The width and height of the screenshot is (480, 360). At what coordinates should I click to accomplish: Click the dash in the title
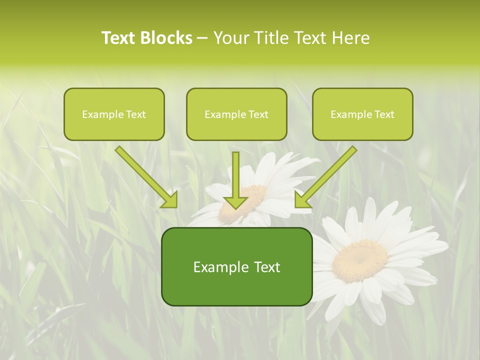pyautogui.click(x=202, y=38)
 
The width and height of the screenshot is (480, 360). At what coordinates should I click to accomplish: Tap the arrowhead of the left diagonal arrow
pyautogui.click(x=170, y=200)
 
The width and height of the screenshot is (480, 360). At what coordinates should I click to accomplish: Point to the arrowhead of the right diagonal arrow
pyautogui.click(x=302, y=200)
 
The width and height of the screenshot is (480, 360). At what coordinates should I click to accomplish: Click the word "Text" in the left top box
pyautogui.click(x=136, y=114)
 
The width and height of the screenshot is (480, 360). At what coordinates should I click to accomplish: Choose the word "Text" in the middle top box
pyautogui.click(x=258, y=114)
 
